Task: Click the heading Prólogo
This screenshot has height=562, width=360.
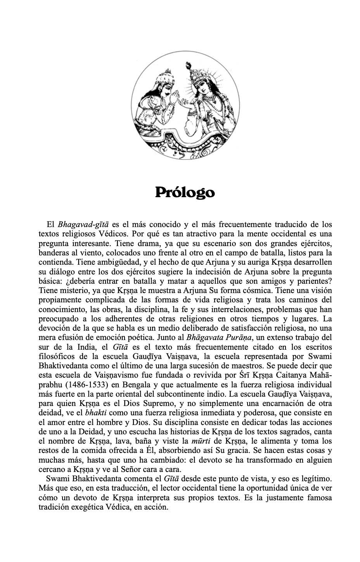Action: pyautogui.click(x=185, y=193)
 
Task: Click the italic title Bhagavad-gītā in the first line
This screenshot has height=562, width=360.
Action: pyautogui.click(x=83, y=225)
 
